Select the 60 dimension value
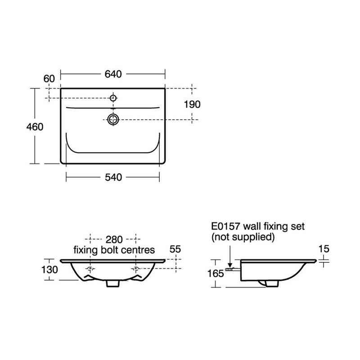(x=49, y=78)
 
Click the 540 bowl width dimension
(x=113, y=178)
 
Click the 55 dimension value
(x=175, y=249)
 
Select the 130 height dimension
(x=50, y=270)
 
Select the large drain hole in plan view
(x=113, y=119)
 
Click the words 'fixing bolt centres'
(x=114, y=249)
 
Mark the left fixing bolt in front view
(x=90, y=270)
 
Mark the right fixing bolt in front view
(x=136, y=270)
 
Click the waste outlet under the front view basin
(x=113, y=283)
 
